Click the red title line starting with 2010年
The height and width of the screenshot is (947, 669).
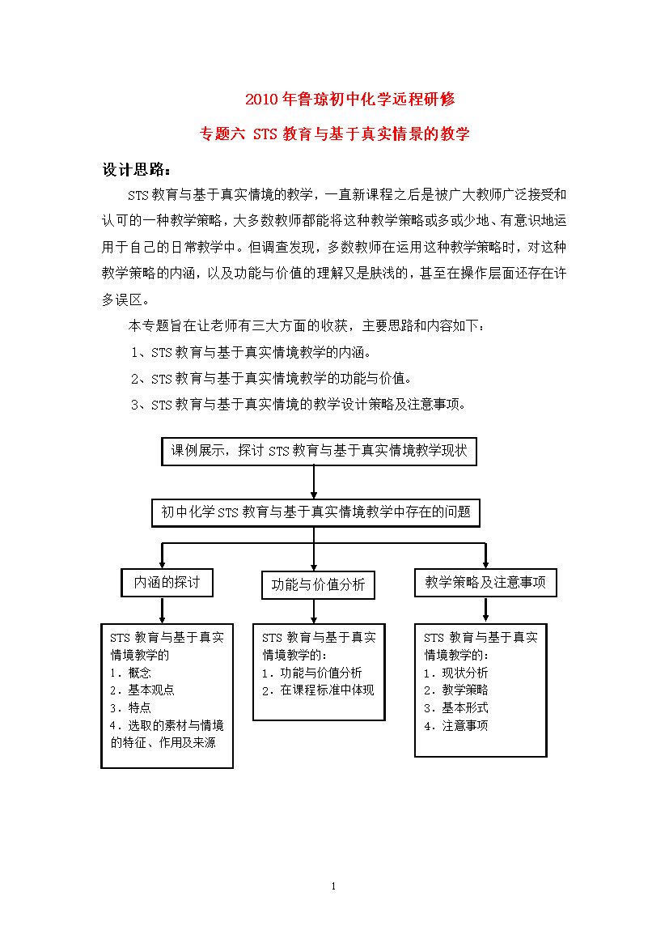pyautogui.click(x=349, y=100)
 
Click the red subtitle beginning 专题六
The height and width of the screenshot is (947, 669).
pyautogui.click(x=334, y=134)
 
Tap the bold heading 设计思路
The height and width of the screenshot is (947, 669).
pyautogui.click(x=136, y=170)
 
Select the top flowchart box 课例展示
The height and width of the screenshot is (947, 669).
pyautogui.click(x=319, y=451)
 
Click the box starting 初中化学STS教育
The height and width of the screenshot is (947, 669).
pyautogui.click(x=315, y=512)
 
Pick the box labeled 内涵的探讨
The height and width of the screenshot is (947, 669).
pyautogui.click(x=167, y=582)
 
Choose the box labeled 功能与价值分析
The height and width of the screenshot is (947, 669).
pyautogui.click(x=318, y=584)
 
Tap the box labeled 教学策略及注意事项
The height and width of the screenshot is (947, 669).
pyautogui.click(x=485, y=582)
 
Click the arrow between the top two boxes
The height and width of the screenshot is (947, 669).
pyautogui.click(x=314, y=482)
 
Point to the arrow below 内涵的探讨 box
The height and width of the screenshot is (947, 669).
pyautogui.click(x=165, y=609)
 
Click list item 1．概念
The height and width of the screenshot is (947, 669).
pyautogui.click(x=131, y=673)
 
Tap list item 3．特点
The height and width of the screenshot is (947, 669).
pyautogui.click(x=131, y=707)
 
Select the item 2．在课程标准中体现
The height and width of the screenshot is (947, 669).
pyautogui.click(x=318, y=690)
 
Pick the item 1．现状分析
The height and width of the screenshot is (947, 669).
pyautogui.click(x=456, y=673)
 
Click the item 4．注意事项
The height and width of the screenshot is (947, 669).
pyautogui.click(x=456, y=725)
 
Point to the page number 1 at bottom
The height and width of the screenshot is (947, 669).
pyautogui.click(x=333, y=886)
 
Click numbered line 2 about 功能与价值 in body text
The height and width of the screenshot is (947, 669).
pyautogui.click(x=272, y=378)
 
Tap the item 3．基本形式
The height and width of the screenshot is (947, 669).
pyautogui.click(x=456, y=707)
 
